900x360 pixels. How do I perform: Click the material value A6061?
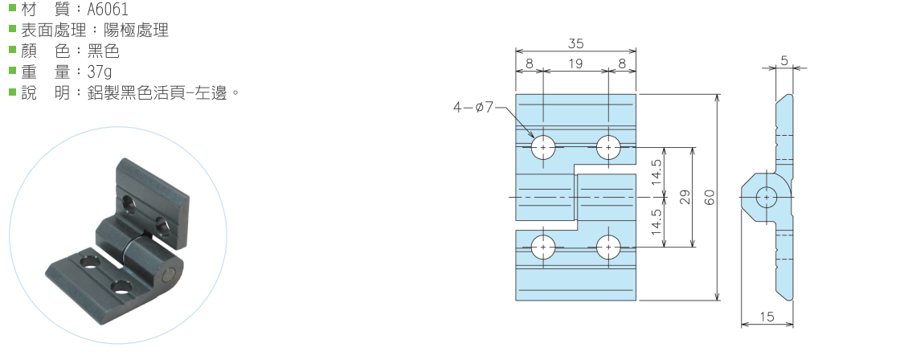108,9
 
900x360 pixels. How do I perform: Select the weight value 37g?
100,72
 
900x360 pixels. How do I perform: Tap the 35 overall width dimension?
575,43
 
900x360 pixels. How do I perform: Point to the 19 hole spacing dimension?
575,63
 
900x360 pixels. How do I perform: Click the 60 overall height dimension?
710,198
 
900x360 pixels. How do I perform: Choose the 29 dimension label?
684,198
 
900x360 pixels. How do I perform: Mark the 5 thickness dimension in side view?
784,59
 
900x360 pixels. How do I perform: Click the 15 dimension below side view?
767,317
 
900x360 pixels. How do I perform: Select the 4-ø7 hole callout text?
473,107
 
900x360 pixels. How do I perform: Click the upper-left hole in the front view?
543,148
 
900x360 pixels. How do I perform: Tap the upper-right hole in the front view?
608,148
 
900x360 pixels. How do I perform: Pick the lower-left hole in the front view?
543,247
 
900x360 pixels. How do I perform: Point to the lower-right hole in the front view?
608,247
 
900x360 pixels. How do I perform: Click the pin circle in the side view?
767,198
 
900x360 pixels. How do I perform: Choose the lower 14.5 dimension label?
657,223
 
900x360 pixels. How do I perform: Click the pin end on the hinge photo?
170,275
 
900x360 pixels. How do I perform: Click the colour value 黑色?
104,51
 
